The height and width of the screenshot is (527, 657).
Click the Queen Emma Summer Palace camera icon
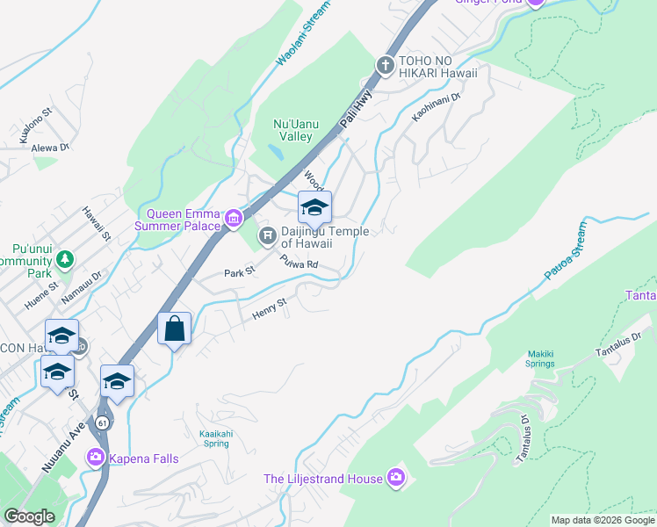[x=233, y=218]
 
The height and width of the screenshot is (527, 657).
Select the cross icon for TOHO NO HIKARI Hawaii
[x=385, y=65]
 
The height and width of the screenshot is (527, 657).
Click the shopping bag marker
[x=175, y=328]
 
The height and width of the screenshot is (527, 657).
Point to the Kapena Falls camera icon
[x=96, y=457]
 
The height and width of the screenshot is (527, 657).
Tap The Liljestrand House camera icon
[x=397, y=478]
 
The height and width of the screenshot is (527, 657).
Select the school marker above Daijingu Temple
[x=314, y=208]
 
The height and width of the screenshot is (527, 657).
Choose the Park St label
[x=238, y=272]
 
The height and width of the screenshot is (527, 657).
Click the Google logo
[x=30, y=517]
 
